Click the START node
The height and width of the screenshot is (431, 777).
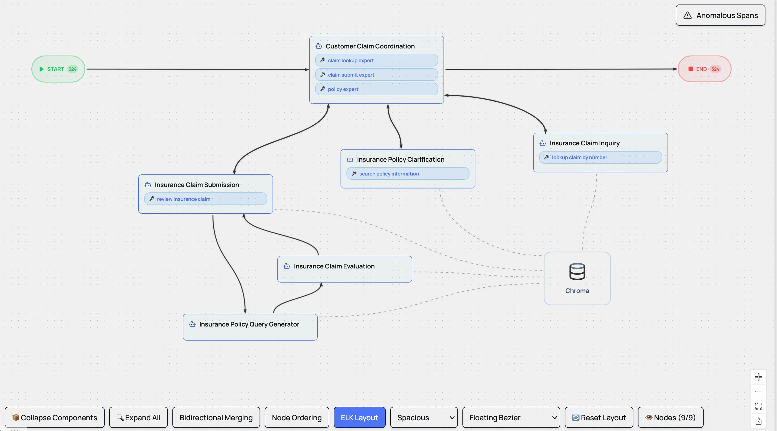click(x=58, y=69)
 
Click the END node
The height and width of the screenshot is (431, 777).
click(x=704, y=69)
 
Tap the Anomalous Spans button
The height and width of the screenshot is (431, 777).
click(x=720, y=15)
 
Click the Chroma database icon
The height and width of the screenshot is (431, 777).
click(x=577, y=271)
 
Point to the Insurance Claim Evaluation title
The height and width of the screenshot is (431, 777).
click(x=334, y=266)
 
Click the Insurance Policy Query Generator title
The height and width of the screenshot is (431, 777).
click(x=249, y=325)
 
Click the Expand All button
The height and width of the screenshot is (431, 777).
click(x=138, y=417)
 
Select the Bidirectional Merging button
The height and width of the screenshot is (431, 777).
click(x=216, y=417)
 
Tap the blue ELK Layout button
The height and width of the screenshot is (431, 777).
click(x=359, y=417)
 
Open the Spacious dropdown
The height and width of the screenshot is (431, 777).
click(x=423, y=417)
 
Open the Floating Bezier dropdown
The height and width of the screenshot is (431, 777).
click(x=511, y=417)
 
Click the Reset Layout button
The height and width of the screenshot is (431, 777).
click(x=599, y=417)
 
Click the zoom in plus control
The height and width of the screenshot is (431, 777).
click(x=758, y=377)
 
